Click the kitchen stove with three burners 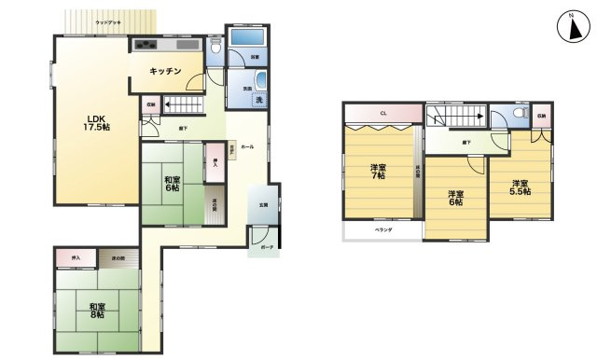pos(145,45)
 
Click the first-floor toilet pos(215,46)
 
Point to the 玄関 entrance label pos(262,205)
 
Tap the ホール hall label pos(246,147)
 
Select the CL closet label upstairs pos(382,113)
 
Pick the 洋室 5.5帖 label pos(520,187)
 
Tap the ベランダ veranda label pos(382,229)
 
